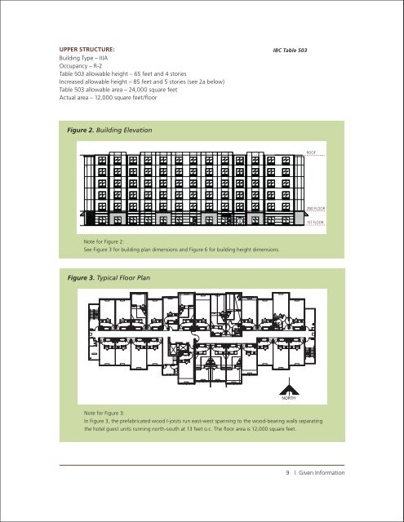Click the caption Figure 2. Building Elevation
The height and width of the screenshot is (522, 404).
[x=111, y=130]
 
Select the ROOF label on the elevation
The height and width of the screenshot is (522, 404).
[x=311, y=152]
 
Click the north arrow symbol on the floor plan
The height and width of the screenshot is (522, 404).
[x=287, y=389]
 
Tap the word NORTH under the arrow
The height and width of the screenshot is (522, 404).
[x=287, y=400]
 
